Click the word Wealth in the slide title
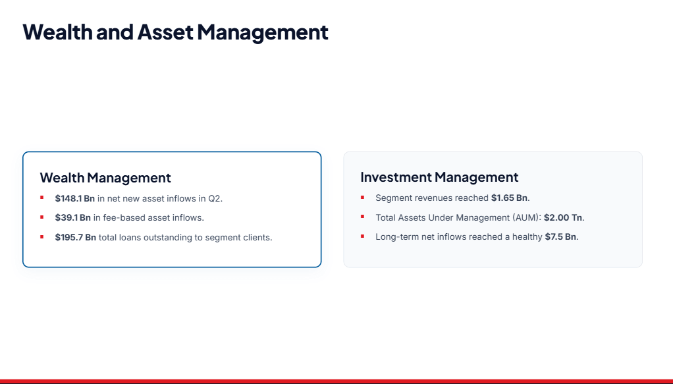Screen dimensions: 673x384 57,32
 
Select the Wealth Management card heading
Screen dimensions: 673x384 105,178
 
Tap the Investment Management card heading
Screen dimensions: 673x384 439,177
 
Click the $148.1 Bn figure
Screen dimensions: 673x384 74,198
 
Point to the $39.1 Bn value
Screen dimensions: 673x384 73,218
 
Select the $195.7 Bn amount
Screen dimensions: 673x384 76,238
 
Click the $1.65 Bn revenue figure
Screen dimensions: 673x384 510,198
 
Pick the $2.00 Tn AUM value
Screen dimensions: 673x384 563,218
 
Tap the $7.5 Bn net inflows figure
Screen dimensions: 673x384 560,236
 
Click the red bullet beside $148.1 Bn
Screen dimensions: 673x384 42,198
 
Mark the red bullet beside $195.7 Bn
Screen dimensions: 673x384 42,236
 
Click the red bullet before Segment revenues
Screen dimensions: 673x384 363,198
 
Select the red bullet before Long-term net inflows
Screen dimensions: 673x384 363,236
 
